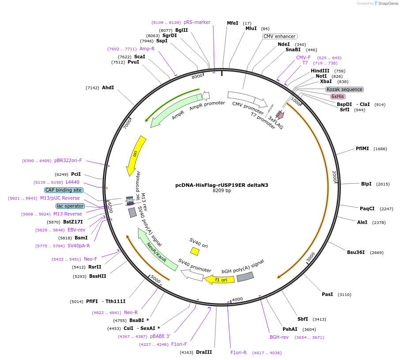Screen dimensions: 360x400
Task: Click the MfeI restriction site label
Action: (232, 23)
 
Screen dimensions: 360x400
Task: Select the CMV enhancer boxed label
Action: (279, 36)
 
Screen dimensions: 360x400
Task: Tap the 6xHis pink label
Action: (338, 96)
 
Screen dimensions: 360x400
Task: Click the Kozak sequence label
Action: (344, 89)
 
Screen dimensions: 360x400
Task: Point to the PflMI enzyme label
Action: (362, 148)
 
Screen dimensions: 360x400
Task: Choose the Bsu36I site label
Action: (355, 252)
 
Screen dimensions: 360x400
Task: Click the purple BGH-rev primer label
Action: (279, 337)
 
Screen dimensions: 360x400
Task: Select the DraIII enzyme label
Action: (204, 352)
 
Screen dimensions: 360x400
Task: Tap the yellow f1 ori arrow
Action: (219, 279)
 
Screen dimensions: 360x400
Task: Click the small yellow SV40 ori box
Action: (195, 251)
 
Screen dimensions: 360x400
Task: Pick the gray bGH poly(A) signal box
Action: (245, 277)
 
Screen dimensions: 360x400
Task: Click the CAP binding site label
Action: (64, 190)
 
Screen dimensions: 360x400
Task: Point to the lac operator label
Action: (70, 206)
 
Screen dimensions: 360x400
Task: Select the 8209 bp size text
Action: (222, 191)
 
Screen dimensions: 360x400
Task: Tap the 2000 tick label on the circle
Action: (334, 176)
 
